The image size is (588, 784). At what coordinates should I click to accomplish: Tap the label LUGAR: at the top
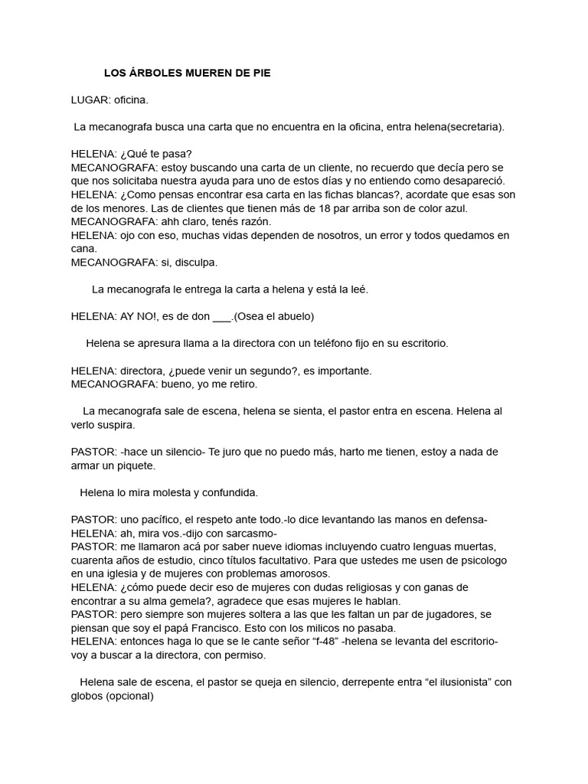[x=90, y=100]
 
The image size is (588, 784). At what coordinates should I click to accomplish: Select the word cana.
[x=84, y=249]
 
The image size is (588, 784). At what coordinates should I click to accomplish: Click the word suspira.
[x=116, y=424]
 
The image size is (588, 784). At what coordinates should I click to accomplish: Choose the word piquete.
[x=135, y=465]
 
